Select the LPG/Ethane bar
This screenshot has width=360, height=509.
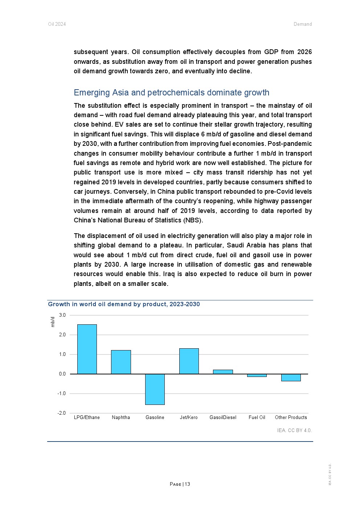[87, 349]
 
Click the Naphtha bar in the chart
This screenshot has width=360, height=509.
[121, 362]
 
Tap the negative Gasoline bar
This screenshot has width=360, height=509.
[155, 389]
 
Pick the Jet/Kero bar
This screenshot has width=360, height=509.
[189, 361]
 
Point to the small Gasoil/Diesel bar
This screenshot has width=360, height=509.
[223, 372]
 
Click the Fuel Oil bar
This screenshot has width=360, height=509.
[257, 375]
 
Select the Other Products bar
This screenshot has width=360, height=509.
[291, 378]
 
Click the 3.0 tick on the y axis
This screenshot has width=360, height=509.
[62, 315]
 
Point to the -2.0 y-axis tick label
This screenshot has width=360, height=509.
[62, 413]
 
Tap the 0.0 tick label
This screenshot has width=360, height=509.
[62, 374]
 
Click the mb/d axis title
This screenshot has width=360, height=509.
[53, 322]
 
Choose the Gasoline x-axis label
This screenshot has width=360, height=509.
[155, 418]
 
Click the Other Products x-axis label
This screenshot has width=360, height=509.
[291, 418]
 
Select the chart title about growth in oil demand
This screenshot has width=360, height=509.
[124, 304]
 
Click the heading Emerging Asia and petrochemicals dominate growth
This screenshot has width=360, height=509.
[171, 93]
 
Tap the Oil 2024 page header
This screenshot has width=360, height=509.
[57, 24]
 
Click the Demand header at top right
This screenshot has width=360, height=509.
[303, 24]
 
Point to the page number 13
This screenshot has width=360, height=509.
[187, 484]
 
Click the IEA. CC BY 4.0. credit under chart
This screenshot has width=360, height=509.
[294, 431]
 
